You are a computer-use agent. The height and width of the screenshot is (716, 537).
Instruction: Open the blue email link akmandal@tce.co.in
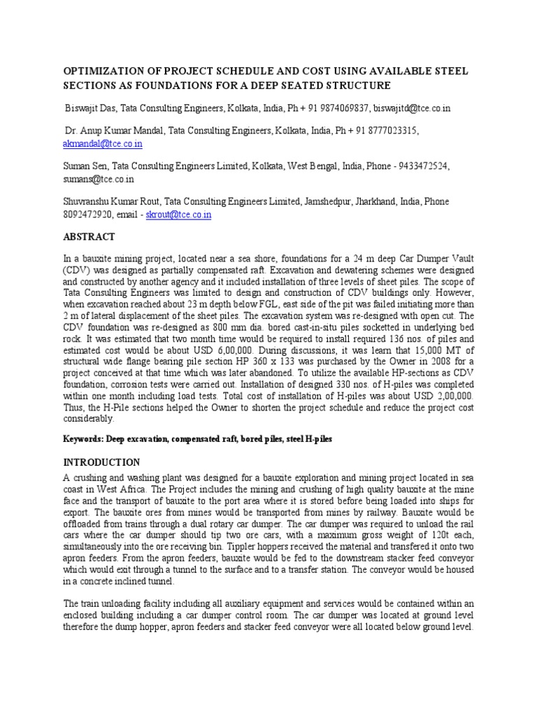pos(103,143)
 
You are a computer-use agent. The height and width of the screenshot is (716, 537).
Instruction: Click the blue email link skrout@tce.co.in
pos(178,215)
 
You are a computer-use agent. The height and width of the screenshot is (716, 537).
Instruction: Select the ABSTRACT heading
pos(89,237)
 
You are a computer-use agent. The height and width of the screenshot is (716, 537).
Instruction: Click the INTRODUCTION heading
pos(102,462)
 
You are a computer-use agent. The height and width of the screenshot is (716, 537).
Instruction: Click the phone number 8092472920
pos(89,215)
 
